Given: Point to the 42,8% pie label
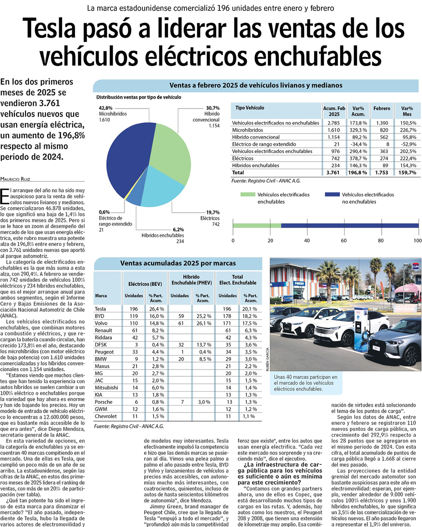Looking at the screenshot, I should coord(106,108).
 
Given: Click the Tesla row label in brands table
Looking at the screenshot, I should coord(100,309).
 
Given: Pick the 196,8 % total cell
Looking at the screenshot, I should coord(358,173).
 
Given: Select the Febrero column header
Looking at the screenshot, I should coord(381,108).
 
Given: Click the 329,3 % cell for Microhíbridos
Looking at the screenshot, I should coord(359,130).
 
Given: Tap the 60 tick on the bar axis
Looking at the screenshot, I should coord(344,241).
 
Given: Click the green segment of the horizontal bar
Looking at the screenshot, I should coord(257,226).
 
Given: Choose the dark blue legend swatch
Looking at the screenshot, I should coord(332,195).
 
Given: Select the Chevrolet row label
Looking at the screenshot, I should coord(105,416).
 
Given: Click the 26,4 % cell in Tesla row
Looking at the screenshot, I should coord(156,309).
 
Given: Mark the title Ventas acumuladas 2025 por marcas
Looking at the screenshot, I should coord(178,263).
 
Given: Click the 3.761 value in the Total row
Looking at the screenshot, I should coord(333,173).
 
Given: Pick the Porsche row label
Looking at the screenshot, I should coord(103,402).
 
